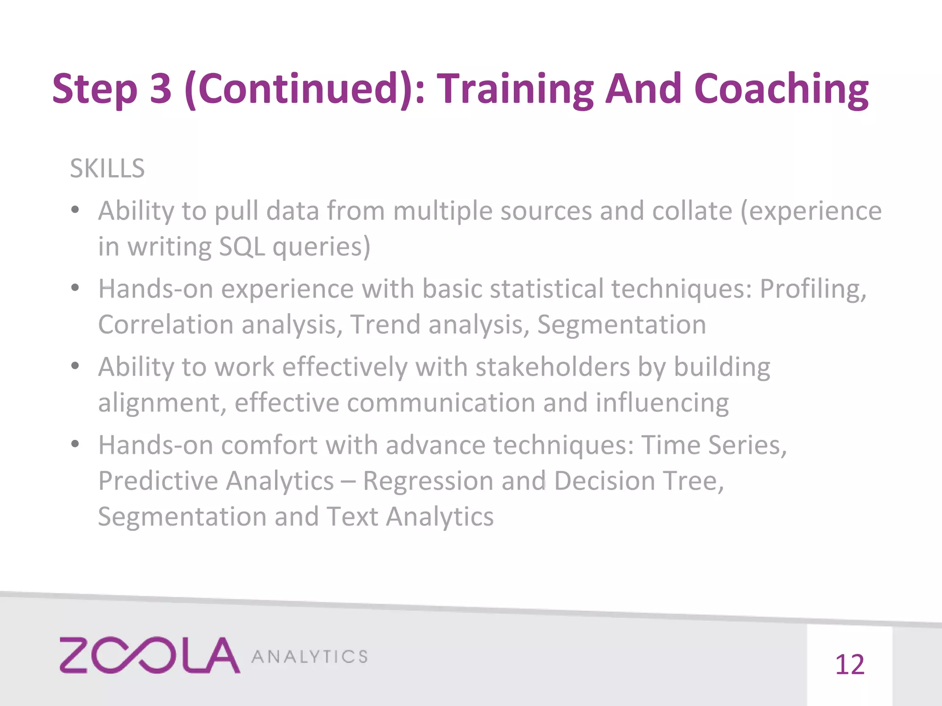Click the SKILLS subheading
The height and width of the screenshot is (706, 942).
[x=107, y=168]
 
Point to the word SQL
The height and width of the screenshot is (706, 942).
[x=242, y=247]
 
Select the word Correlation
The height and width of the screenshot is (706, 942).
[x=166, y=325]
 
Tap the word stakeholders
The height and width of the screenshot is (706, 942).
[x=552, y=367]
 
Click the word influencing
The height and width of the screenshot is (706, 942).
[x=662, y=403]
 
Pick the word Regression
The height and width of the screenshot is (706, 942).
[x=428, y=481]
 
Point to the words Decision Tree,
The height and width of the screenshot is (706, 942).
[x=639, y=481]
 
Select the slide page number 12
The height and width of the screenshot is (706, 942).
[x=849, y=665]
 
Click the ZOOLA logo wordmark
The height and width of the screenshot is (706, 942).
[x=149, y=655]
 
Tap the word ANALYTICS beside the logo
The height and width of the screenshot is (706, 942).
[x=310, y=657]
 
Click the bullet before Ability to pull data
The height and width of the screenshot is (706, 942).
[x=75, y=211]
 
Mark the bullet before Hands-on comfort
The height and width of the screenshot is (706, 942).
[x=75, y=444]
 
